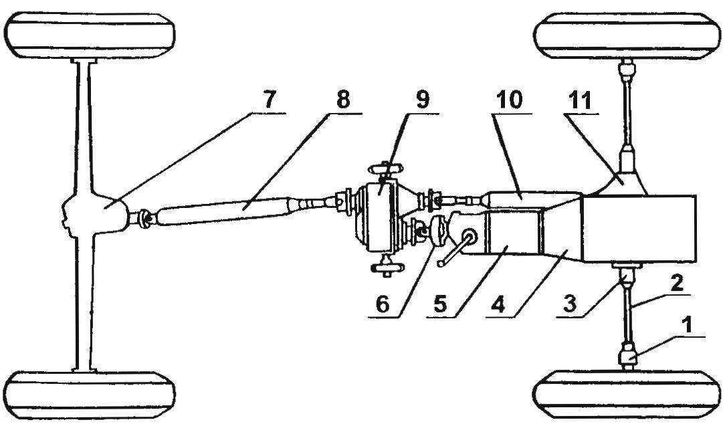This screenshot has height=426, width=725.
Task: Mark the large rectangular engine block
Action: [x=639, y=227]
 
